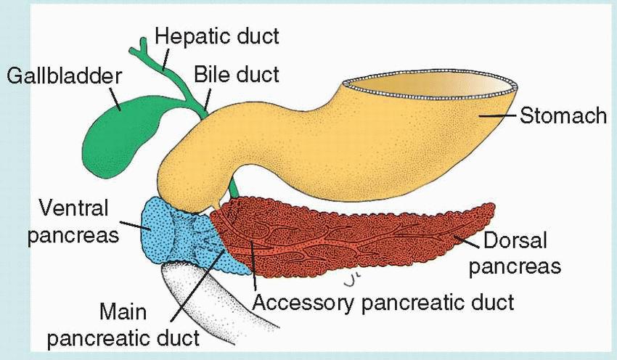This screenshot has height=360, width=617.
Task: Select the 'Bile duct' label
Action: click(235, 74)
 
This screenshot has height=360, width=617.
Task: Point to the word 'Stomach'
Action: click(563, 115)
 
